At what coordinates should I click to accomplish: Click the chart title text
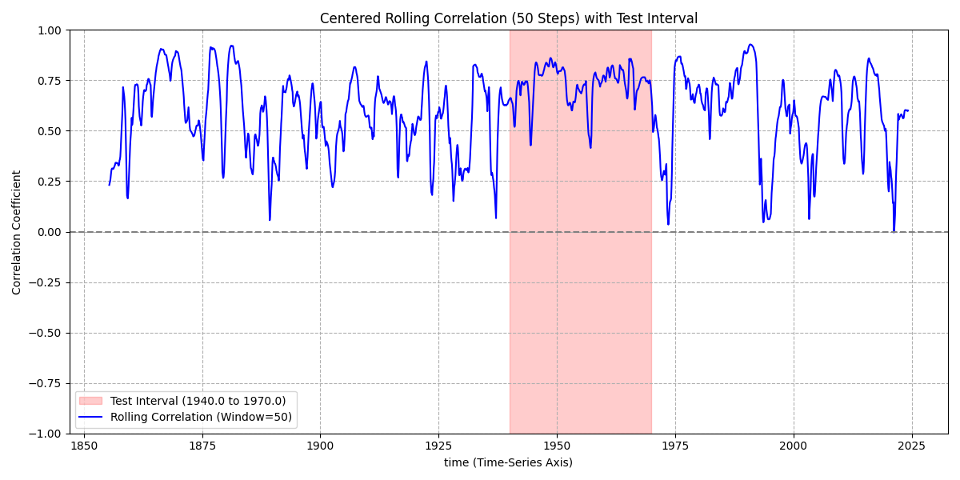point(509,18)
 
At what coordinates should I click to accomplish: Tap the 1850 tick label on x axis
point(84,446)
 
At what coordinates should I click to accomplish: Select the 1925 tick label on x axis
point(438,446)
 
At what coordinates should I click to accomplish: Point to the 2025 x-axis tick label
point(912,446)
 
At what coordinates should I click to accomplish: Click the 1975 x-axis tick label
point(675,446)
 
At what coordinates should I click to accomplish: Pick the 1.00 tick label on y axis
point(50,30)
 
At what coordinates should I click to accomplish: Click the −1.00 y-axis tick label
point(46,434)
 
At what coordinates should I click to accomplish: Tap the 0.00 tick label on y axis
point(50,232)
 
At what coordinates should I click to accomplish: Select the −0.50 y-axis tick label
point(46,333)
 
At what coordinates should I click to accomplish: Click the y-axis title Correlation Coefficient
point(17,232)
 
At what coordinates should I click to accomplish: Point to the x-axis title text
point(509,462)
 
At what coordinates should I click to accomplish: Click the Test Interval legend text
point(198,401)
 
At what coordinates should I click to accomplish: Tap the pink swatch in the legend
point(90,401)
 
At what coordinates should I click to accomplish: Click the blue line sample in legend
point(90,417)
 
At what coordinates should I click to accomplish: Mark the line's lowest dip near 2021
point(894,231)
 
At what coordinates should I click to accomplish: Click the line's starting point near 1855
point(110,185)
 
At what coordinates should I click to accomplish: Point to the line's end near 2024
point(908,110)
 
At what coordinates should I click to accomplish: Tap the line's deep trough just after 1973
point(668,224)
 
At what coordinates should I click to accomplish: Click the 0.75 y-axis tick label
point(50,81)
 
